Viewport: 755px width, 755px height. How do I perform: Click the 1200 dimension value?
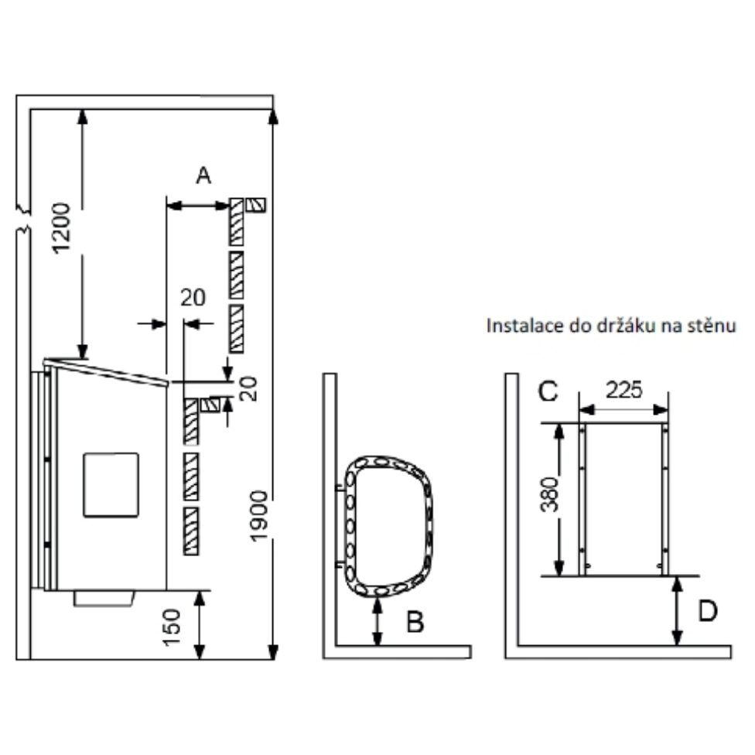click(62, 228)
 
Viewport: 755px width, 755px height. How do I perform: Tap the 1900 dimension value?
click(259, 516)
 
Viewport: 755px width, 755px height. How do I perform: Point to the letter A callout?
click(203, 176)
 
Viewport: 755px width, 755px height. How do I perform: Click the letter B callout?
click(415, 622)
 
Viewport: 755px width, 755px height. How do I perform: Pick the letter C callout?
click(548, 391)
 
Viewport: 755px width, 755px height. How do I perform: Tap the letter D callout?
click(707, 611)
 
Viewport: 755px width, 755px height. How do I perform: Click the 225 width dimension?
click(623, 390)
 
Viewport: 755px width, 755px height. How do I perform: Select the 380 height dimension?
click(549, 494)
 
